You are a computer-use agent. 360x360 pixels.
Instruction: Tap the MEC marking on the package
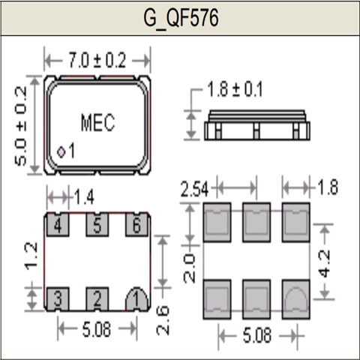[97, 123]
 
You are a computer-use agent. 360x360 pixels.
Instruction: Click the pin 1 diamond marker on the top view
[61, 152]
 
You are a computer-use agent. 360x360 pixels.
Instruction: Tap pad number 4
[57, 224]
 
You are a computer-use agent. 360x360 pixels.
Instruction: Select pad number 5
[97, 224]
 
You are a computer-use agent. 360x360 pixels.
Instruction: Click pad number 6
[136, 224]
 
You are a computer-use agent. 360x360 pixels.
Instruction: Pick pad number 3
[57, 298]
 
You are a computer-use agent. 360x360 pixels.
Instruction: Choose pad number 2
[97, 298]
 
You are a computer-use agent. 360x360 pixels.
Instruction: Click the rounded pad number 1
[136, 298]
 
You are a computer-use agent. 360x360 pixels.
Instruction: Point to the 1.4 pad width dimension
[83, 197]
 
